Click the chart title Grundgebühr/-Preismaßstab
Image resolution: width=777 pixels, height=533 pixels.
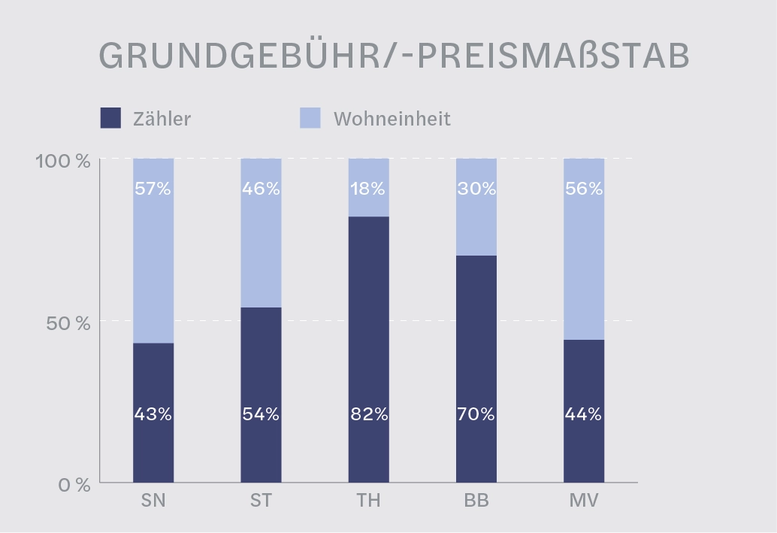click(x=394, y=56)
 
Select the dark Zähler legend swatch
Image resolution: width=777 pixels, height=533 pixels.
click(x=110, y=118)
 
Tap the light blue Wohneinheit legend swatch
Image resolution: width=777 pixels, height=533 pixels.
click(x=310, y=118)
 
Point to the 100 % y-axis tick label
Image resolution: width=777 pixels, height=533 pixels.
click(x=63, y=160)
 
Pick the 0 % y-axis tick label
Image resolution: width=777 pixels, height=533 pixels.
click(x=74, y=485)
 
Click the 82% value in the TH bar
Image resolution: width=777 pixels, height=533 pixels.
click(x=368, y=414)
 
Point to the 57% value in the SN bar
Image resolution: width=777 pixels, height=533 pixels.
click(x=153, y=189)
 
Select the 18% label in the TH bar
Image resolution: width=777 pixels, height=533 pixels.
click(x=368, y=189)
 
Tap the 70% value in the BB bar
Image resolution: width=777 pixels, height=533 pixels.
click(x=476, y=414)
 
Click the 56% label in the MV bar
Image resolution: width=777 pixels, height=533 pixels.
click(x=584, y=189)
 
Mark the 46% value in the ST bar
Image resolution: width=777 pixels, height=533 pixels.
click(x=261, y=189)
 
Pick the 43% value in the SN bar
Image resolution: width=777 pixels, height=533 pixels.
click(x=153, y=414)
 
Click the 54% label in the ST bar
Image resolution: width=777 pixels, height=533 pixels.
click(x=261, y=414)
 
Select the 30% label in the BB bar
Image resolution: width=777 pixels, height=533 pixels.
click(x=476, y=189)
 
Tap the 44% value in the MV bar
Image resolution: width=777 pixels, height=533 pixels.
click(x=584, y=414)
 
